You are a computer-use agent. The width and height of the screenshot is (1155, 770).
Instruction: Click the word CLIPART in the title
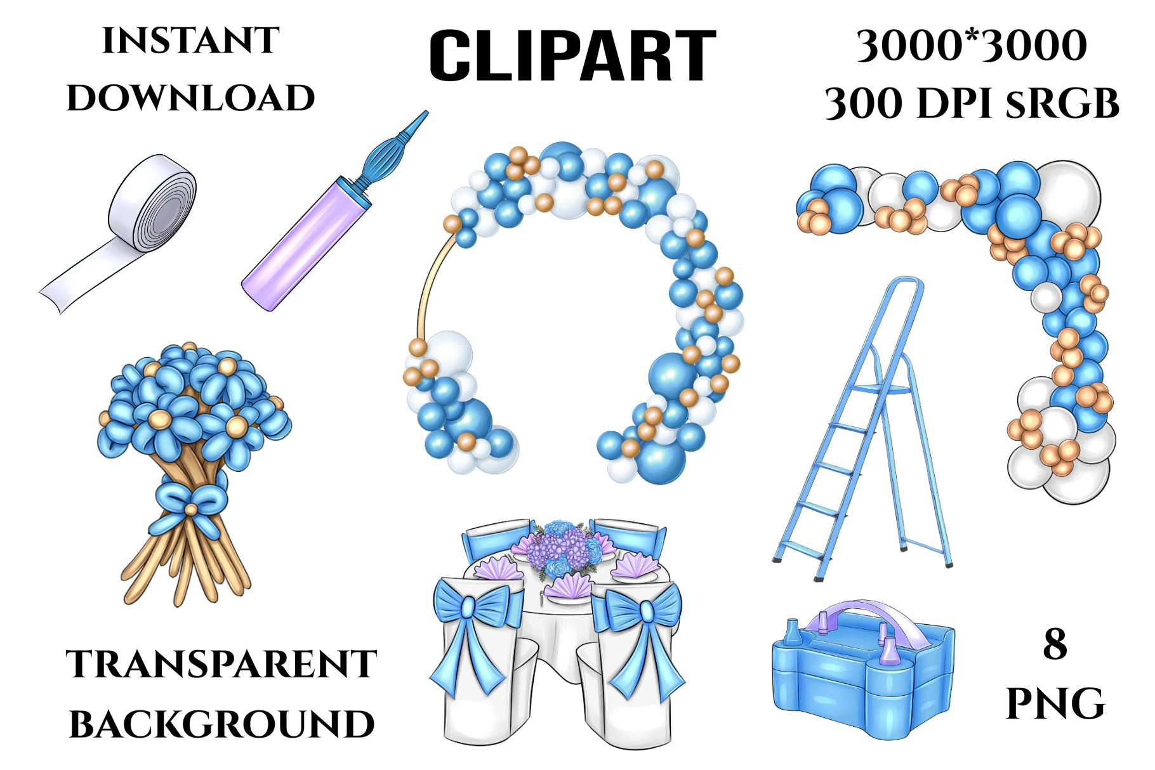tap(572, 56)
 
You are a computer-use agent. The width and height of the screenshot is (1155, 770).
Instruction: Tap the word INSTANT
tap(191, 41)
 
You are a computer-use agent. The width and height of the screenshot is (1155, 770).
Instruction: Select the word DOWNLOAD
tap(191, 98)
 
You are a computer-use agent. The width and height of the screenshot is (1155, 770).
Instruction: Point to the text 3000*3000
tap(972, 46)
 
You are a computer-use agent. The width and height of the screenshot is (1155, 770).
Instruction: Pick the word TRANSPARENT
tap(221, 664)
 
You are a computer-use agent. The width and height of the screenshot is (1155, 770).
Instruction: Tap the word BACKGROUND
tap(221, 724)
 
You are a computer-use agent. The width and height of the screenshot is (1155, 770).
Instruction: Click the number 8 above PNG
tap(1055, 644)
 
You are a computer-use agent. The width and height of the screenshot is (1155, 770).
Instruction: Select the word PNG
tap(1055, 703)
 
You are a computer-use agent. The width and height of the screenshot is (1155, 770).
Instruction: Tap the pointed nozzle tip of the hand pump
tap(425, 113)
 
